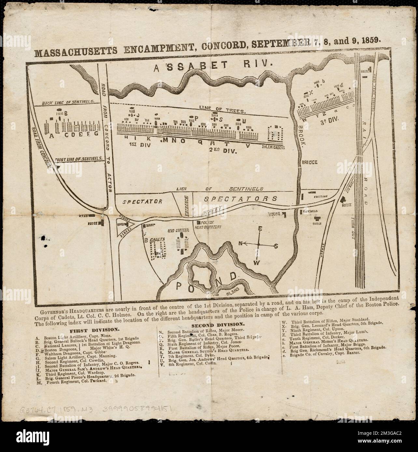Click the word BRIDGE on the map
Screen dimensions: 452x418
pyautogui.click(x=312, y=162)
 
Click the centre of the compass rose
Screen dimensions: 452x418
pyautogui.click(x=259, y=244)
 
